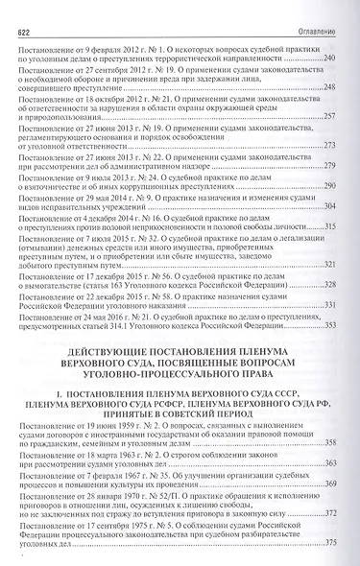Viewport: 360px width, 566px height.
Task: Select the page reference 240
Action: pos(329,59)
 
